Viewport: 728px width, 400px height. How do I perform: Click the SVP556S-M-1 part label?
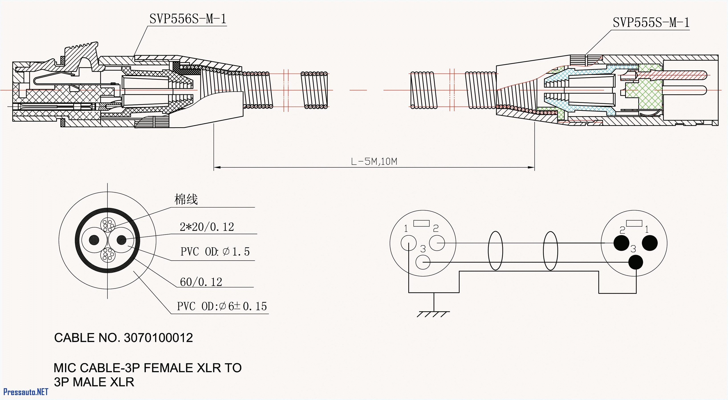point(188,19)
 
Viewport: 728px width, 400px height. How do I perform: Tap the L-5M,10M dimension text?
point(374,162)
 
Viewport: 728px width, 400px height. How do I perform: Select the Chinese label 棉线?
point(186,199)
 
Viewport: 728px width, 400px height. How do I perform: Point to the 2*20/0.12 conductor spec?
point(207,227)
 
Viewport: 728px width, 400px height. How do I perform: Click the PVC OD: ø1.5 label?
point(215,251)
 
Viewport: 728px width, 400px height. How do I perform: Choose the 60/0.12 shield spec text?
point(201,282)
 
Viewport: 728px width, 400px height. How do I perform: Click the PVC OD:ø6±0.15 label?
point(222,306)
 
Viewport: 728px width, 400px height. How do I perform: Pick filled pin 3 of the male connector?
point(636,262)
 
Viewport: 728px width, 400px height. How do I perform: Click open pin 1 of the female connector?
point(408,243)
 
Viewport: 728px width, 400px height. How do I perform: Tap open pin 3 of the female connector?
point(423,262)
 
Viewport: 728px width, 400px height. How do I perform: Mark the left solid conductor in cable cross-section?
point(94,240)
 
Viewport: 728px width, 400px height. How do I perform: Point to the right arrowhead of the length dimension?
point(531,168)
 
